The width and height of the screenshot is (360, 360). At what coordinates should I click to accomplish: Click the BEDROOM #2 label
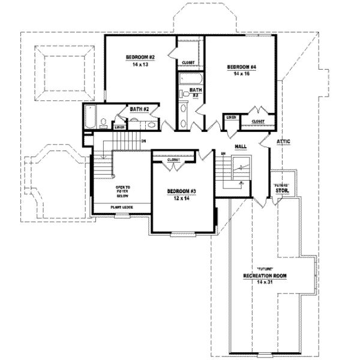pyautogui.click(x=140, y=58)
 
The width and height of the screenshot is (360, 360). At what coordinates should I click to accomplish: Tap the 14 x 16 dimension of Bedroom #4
pyautogui.click(x=241, y=73)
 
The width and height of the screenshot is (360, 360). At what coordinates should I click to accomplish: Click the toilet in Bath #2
pyautogui.click(x=104, y=123)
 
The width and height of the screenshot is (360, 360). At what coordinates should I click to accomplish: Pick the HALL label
pyautogui.click(x=241, y=146)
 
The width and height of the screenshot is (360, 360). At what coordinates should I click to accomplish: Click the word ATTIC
pyautogui.click(x=283, y=142)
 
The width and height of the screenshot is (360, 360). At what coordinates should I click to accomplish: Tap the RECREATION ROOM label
pyautogui.click(x=266, y=275)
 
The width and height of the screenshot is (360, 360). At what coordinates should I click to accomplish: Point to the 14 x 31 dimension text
pyautogui.click(x=266, y=281)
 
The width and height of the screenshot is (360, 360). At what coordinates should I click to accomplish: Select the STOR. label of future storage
pyautogui.click(x=283, y=191)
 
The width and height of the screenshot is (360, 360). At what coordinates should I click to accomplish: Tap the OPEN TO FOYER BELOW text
pyautogui.click(x=124, y=191)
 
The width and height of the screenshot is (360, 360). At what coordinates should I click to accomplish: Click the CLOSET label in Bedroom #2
pyautogui.click(x=188, y=62)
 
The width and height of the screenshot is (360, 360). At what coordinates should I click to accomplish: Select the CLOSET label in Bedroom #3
pyautogui.click(x=173, y=160)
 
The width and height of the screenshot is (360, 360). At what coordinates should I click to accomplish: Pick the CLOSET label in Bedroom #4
pyautogui.click(x=258, y=122)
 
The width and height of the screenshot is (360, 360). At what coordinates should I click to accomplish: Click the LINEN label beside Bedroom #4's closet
pyautogui.click(x=230, y=118)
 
